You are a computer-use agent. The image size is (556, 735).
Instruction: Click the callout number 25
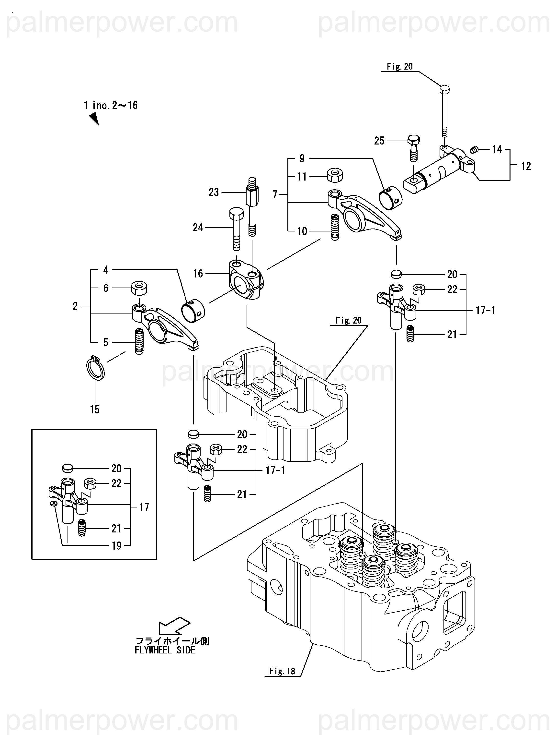coord(379,141)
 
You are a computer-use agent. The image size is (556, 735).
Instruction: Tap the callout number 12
coord(526,166)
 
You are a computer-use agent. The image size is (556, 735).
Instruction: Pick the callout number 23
coord(214,192)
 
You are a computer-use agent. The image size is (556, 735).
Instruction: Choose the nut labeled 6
coord(139,288)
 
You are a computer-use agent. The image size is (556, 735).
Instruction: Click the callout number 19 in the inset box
coord(116,546)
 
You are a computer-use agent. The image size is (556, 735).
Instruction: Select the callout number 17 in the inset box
coord(144,507)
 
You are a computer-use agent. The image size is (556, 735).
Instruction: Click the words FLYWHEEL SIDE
coord(165,650)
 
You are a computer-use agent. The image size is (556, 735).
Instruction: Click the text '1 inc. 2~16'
coord(111,105)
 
